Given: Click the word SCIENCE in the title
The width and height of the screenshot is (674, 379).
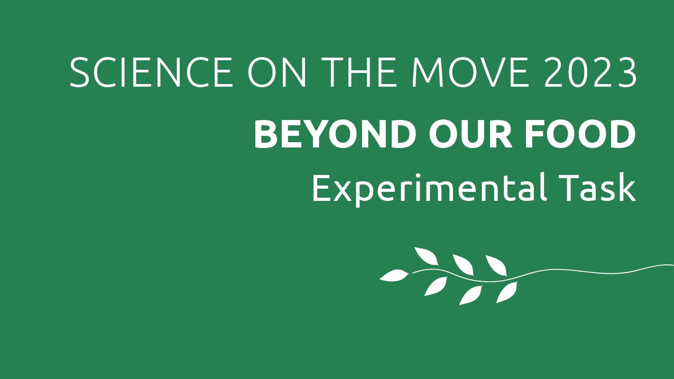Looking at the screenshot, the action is coord(151,72).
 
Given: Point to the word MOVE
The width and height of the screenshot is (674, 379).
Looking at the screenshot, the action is coord(470,72).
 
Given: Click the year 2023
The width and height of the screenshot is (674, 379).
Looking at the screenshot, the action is coord(590,72).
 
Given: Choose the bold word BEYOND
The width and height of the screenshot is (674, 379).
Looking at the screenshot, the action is coord(334,134).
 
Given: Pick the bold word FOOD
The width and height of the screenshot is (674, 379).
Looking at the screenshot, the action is coord(581,134).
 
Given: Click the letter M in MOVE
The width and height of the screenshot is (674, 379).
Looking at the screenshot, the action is coord(428,72).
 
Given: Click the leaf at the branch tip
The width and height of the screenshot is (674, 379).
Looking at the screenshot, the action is coord(394,275).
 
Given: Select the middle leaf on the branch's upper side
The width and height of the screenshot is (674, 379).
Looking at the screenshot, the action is coord(464,265).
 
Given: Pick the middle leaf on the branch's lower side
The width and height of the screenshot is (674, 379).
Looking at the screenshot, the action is coord(470,295).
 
